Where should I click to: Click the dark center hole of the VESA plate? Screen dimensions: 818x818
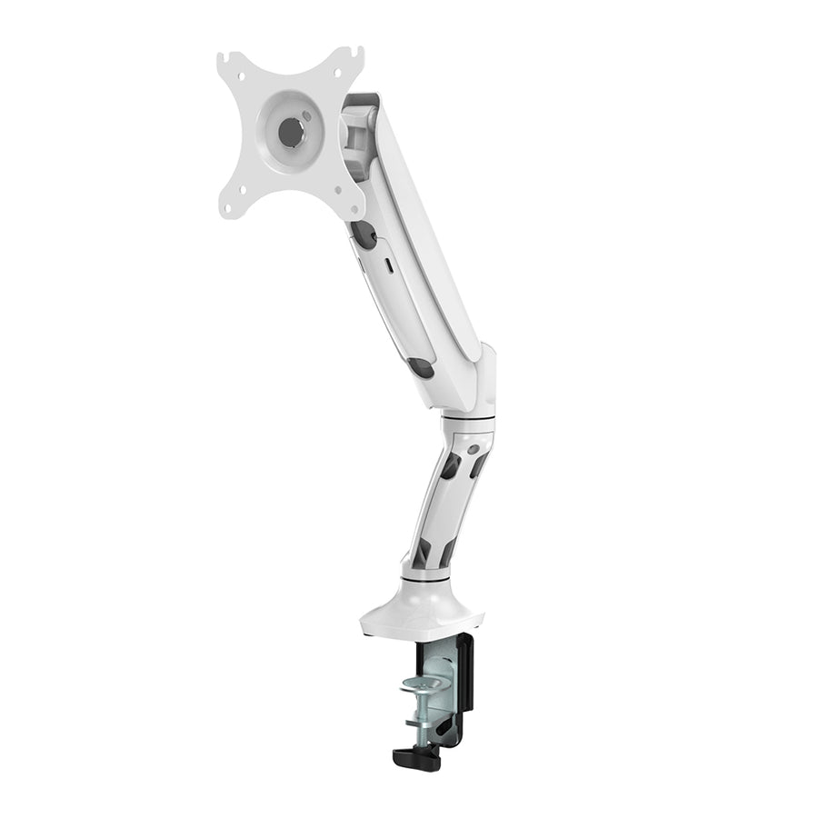(x=291, y=133)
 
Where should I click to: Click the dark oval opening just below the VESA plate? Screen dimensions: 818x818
(x=364, y=234)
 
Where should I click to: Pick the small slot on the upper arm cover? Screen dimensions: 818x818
(x=390, y=266)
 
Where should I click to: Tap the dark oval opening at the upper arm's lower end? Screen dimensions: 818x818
(x=421, y=367)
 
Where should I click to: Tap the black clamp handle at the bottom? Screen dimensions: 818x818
(x=416, y=756)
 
